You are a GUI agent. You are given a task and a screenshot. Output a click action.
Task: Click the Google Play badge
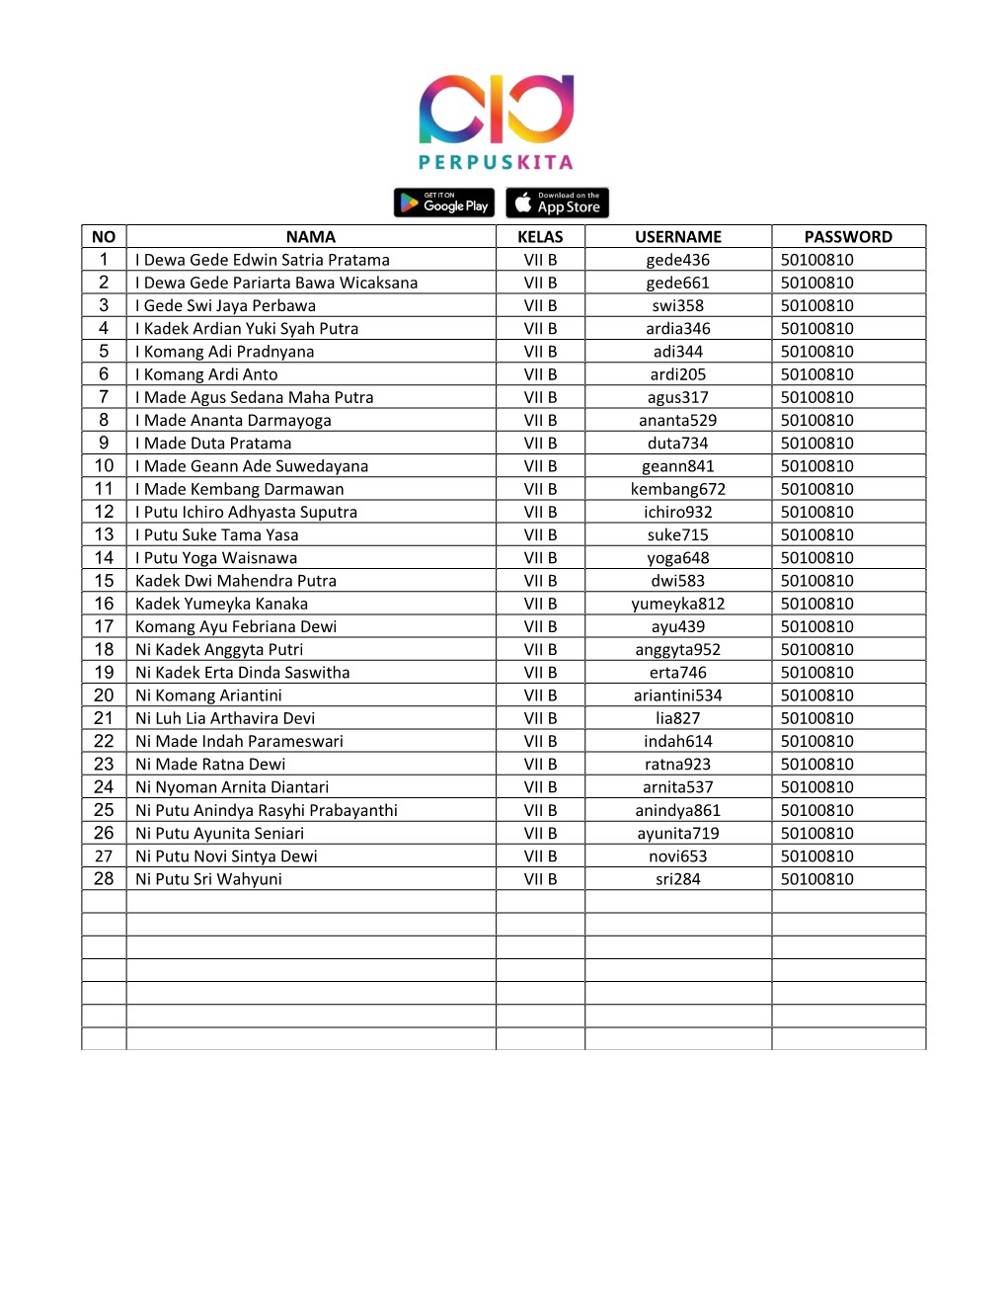(x=444, y=203)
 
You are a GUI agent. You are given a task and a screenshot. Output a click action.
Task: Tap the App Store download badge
(x=557, y=203)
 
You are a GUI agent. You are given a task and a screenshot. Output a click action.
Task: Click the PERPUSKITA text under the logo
(x=496, y=162)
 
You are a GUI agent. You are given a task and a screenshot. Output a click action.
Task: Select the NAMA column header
(x=311, y=237)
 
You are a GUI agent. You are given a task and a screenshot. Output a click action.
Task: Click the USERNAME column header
(x=678, y=237)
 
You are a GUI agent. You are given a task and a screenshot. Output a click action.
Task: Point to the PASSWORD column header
(x=848, y=237)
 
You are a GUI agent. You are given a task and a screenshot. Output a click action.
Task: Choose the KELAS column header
(x=540, y=237)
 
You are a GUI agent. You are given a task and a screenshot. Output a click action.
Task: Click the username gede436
(x=678, y=260)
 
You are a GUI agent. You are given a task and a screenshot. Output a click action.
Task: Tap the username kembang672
(x=678, y=489)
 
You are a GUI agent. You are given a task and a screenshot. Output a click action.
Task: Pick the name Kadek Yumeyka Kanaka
(x=221, y=604)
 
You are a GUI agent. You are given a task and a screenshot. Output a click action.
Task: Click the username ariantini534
(x=678, y=695)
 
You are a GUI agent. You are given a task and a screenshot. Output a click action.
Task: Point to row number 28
(x=104, y=879)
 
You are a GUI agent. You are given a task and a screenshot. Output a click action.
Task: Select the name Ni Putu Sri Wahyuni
(x=208, y=879)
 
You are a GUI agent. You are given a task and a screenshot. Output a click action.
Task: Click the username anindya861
(x=678, y=810)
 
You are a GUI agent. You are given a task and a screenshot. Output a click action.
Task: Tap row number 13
(x=104, y=534)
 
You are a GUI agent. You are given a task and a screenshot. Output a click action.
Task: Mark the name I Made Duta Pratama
(x=213, y=444)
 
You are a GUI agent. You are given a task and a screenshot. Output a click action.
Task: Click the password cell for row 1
(x=817, y=260)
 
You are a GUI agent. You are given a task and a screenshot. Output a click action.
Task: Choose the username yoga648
(x=678, y=558)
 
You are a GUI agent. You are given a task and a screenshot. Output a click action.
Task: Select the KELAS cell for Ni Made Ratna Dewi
(x=540, y=765)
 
